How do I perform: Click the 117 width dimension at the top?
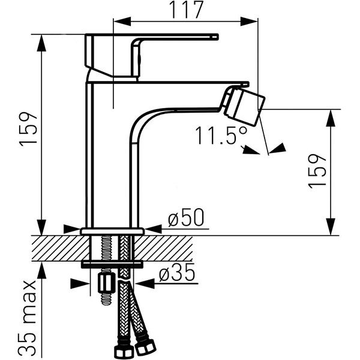pyautogui.click(x=185, y=10)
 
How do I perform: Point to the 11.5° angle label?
pyautogui.click(x=221, y=136)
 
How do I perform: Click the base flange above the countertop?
pyautogui.click(x=112, y=231)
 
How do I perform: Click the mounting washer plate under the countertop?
pyautogui.click(x=112, y=264)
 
